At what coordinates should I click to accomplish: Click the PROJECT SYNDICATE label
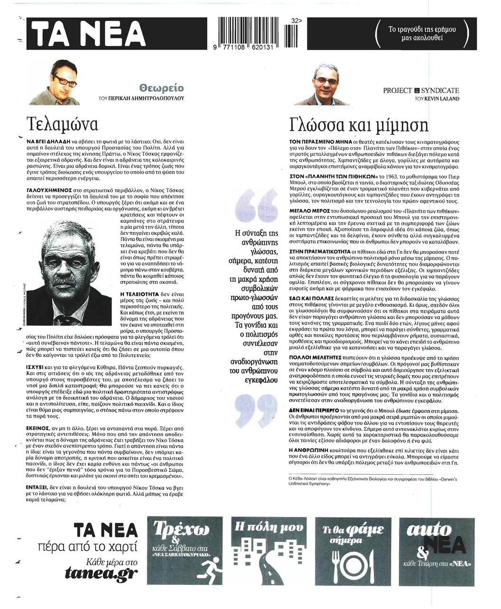point(421,90)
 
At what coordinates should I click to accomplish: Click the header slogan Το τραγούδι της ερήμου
point(422,34)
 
